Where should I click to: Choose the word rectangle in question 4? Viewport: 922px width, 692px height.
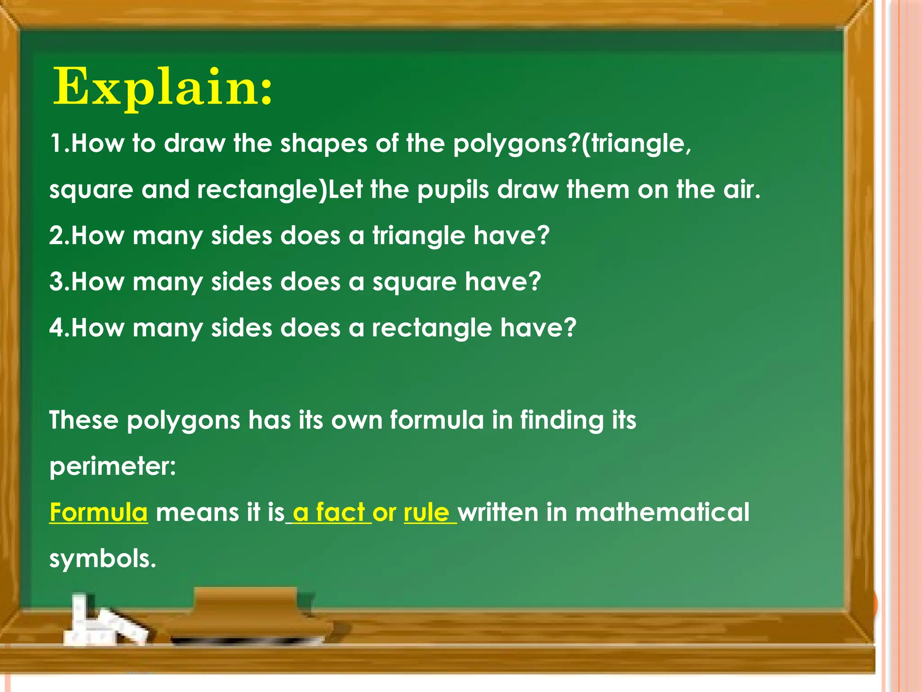tap(432, 328)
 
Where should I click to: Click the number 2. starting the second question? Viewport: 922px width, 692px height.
tap(59, 236)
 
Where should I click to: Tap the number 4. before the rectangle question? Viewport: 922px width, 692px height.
tap(59, 328)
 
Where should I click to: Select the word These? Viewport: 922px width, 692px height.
tap(84, 420)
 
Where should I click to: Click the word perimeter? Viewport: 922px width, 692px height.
tap(113, 466)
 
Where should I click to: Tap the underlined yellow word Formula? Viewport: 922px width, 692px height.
tap(99, 513)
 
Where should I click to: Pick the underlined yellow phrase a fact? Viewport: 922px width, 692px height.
tap(329, 513)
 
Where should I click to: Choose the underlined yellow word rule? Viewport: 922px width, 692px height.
tap(427, 513)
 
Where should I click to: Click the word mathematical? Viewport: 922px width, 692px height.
tap(662, 513)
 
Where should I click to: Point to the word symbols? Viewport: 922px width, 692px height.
tap(103, 559)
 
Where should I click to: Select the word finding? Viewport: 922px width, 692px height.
tap(561, 420)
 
